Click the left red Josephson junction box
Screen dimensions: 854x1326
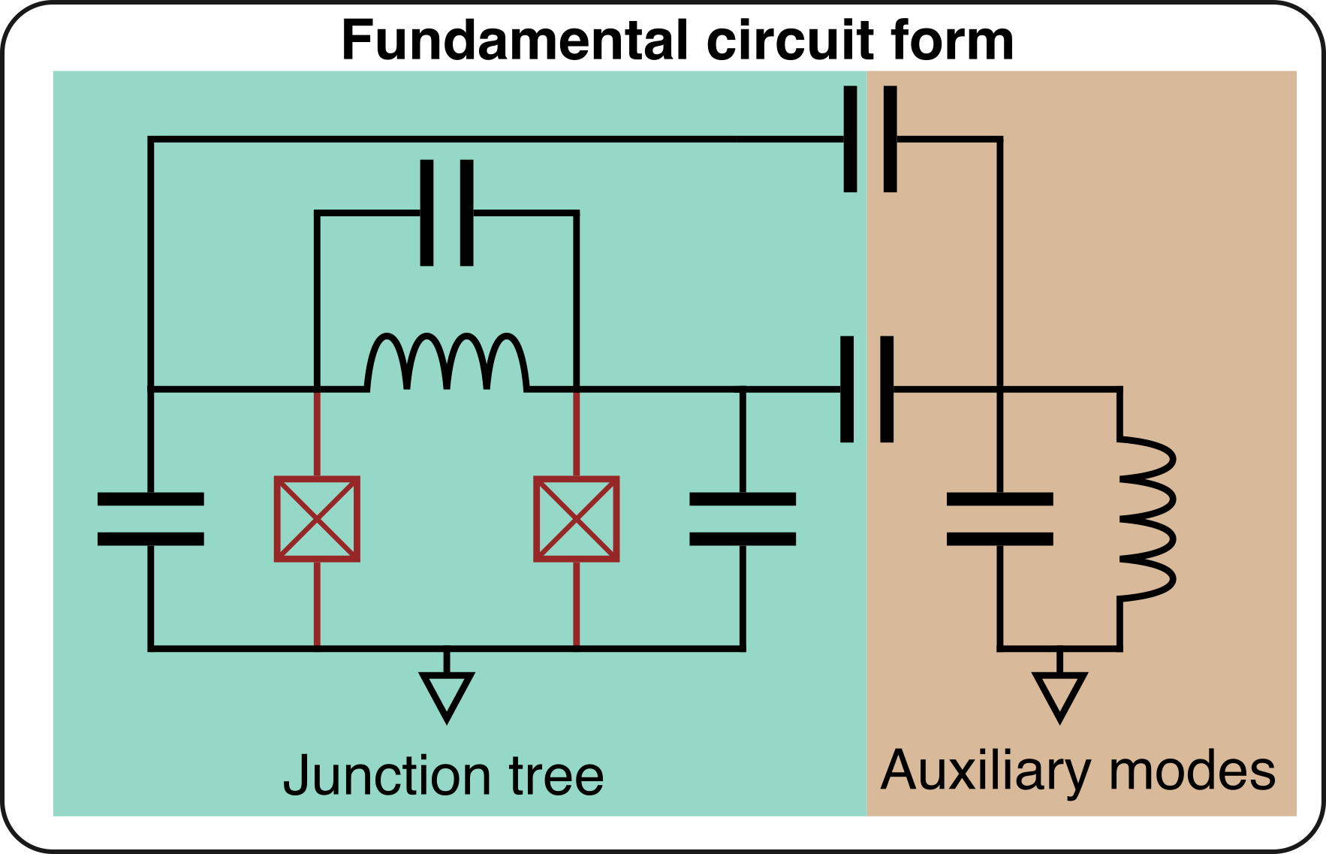click(x=317, y=519)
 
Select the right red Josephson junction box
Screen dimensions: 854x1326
click(x=576, y=519)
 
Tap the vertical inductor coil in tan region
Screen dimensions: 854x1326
click(x=1146, y=518)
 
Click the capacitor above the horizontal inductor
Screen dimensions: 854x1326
click(x=447, y=213)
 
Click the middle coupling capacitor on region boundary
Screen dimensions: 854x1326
click(x=867, y=389)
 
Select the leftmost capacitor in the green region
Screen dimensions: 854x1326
click(x=151, y=519)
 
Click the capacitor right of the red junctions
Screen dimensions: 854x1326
click(x=742, y=519)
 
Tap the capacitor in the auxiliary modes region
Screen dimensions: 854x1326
click(x=1000, y=519)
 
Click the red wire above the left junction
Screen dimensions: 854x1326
click(x=317, y=433)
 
